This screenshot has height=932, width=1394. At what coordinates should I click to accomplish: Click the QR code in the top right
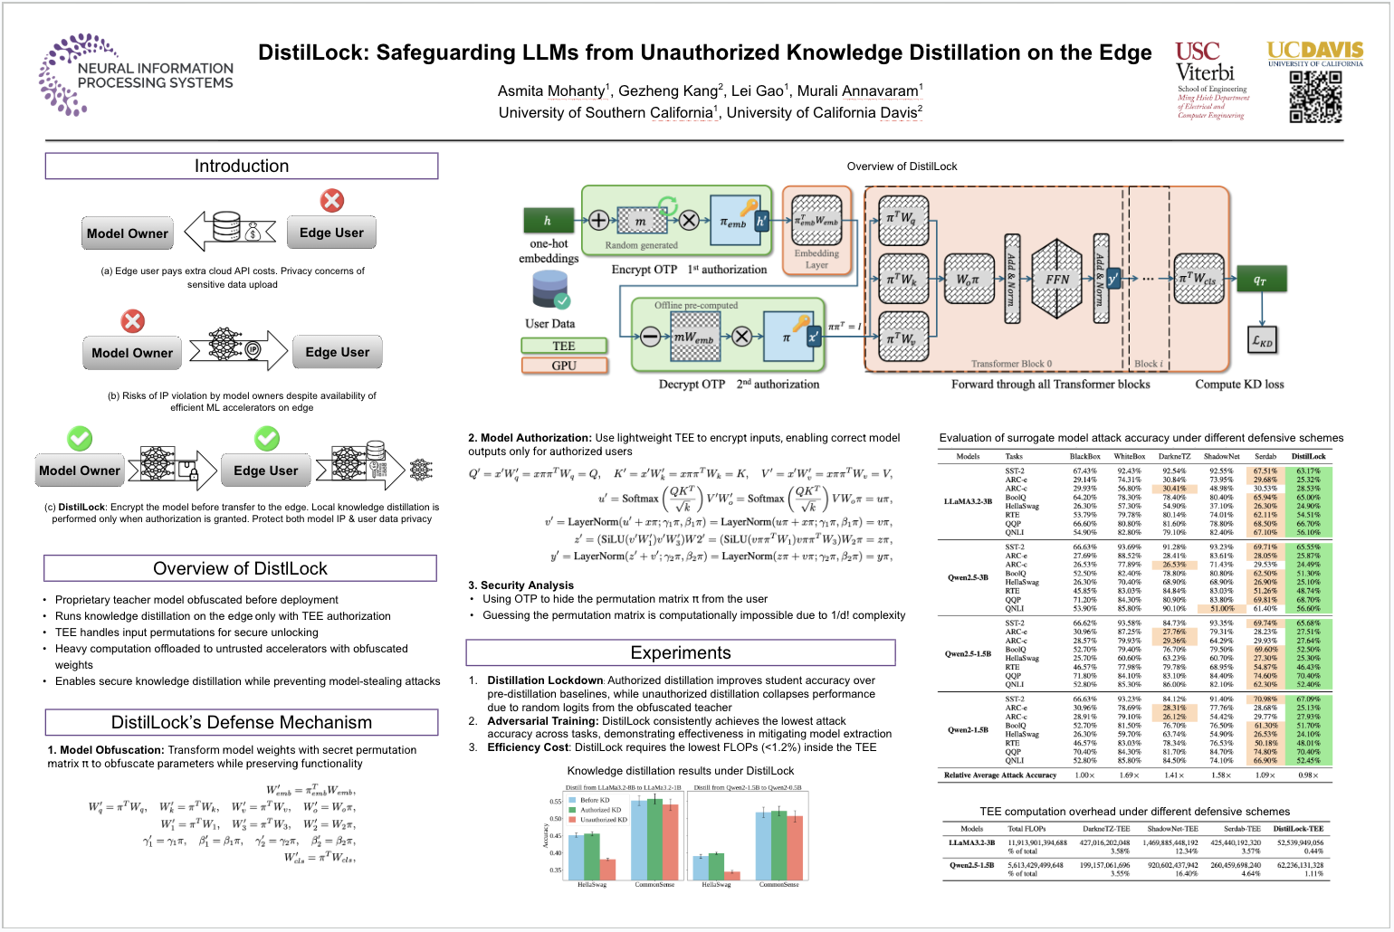1315,97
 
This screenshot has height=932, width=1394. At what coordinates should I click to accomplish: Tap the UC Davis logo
1314,52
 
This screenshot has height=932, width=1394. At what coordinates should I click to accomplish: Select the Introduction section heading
242,166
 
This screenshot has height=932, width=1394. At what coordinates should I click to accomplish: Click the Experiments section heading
680,653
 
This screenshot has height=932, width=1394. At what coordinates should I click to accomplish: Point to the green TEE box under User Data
563,346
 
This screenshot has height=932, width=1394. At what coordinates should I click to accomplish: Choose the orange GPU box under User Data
563,366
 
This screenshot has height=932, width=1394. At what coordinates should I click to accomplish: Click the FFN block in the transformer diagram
1056,279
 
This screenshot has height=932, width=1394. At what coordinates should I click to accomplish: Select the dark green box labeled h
548,221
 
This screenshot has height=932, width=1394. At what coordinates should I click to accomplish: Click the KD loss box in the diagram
1262,341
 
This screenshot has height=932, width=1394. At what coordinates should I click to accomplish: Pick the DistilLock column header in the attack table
1308,456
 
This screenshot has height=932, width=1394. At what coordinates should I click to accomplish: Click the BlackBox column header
1084,456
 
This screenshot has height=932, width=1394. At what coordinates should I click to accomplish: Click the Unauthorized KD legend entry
603,820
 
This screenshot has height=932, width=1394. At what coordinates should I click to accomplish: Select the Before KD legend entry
595,800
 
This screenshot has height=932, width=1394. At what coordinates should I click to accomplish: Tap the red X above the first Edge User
332,200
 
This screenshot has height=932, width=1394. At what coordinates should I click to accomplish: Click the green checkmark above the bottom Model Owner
80,439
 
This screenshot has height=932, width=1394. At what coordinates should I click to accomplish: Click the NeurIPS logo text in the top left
155,76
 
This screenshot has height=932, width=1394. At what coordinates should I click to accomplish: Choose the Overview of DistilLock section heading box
240,569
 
